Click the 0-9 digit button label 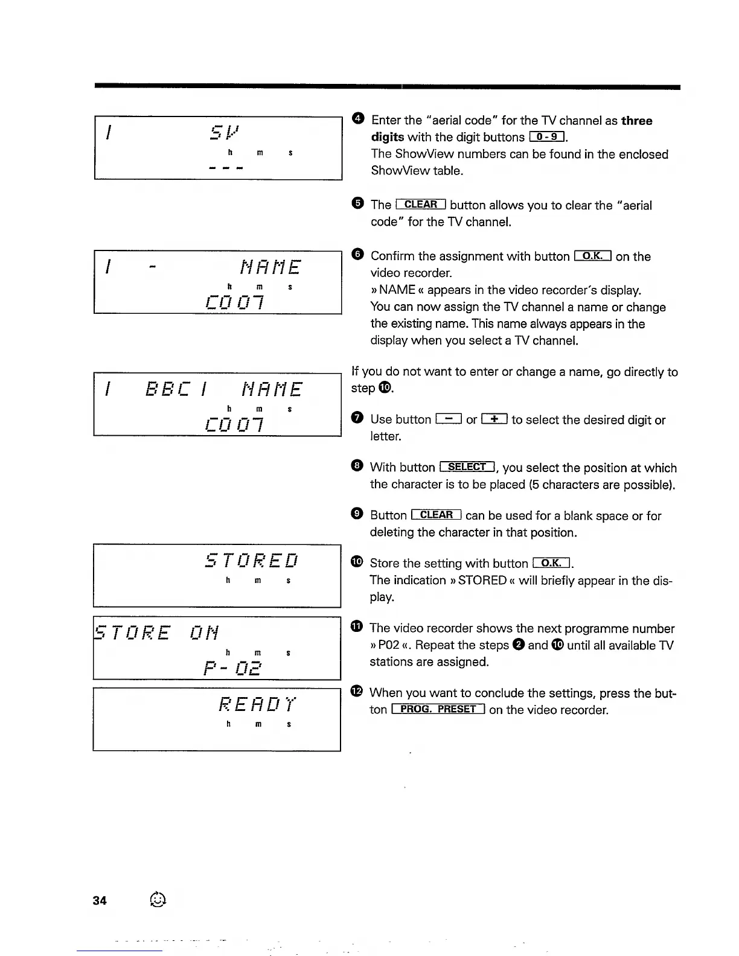[x=546, y=137]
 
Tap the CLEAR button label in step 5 [x=420, y=205]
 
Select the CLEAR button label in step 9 [x=436, y=515]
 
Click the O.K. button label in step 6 [x=593, y=256]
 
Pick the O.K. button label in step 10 [x=552, y=563]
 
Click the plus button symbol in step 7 [x=494, y=419]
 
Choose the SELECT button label [x=468, y=467]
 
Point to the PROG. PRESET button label [x=438, y=709]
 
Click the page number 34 [x=100, y=900]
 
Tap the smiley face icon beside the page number [x=156, y=899]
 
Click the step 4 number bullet [x=357, y=119]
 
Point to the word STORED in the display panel [x=252, y=561]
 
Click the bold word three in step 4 [x=636, y=121]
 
